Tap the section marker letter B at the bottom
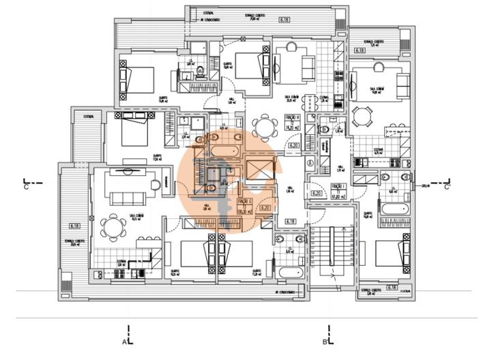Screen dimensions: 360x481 click(x=325, y=340)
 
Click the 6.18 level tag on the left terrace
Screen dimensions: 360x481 click(x=74, y=225)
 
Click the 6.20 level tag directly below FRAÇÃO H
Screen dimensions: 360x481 click(x=294, y=145)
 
